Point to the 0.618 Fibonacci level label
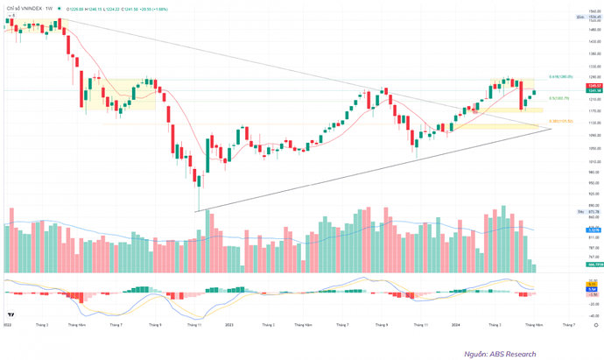560,77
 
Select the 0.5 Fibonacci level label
559,98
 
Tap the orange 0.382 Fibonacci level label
559,121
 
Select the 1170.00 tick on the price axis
593,111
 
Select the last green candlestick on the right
535,93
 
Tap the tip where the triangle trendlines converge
552,129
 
